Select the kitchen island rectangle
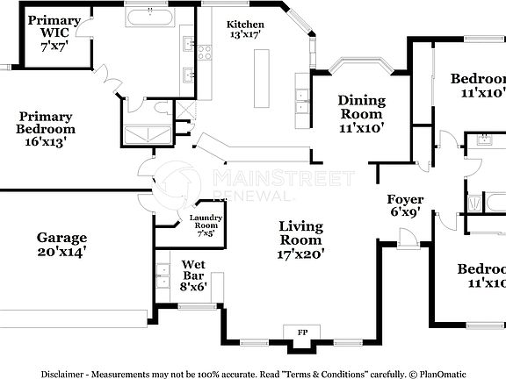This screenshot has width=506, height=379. point(262,79)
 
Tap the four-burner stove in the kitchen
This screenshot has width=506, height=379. point(204,53)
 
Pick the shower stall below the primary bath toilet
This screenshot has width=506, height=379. point(147,133)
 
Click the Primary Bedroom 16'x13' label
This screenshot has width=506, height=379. point(46,128)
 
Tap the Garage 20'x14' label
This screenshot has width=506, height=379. point(61,244)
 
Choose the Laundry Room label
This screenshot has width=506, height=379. point(204,225)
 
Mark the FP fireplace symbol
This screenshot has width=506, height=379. point(303,333)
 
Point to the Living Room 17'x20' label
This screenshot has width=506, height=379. point(301,240)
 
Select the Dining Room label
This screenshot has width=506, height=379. point(360,113)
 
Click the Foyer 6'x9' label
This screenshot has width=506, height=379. point(406,205)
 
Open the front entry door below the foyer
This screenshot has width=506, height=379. point(407,237)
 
